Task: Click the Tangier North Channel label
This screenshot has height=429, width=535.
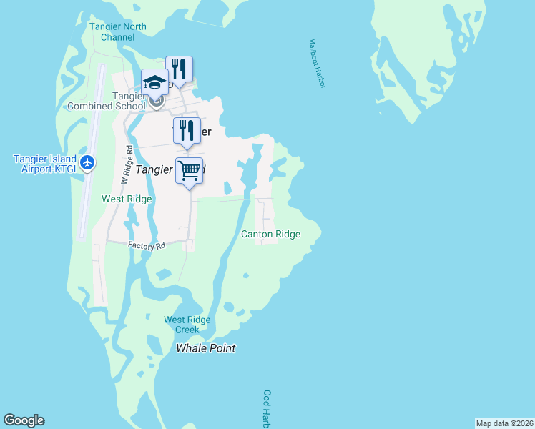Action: [x=118, y=32]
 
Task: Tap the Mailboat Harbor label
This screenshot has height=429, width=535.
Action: [x=317, y=64]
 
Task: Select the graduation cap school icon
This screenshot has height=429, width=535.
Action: [x=154, y=81]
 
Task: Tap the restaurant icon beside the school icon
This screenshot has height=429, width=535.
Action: [x=179, y=69]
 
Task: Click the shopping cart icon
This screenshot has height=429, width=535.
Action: [x=189, y=170]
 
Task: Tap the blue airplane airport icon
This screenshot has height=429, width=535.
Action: [x=88, y=162]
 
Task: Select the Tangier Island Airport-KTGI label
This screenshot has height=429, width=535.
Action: [x=44, y=163]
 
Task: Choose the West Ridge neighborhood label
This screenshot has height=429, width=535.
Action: [x=127, y=199]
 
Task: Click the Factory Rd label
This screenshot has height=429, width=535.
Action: [x=147, y=245]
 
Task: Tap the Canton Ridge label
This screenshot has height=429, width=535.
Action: [x=270, y=234]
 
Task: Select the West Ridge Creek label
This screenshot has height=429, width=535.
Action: [x=182, y=325]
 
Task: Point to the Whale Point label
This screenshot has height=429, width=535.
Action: [x=206, y=348]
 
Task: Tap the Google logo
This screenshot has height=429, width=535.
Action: [x=24, y=420]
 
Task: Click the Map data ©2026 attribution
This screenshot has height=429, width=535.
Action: [x=505, y=423]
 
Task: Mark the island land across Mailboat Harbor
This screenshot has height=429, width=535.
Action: [x=422, y=57]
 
